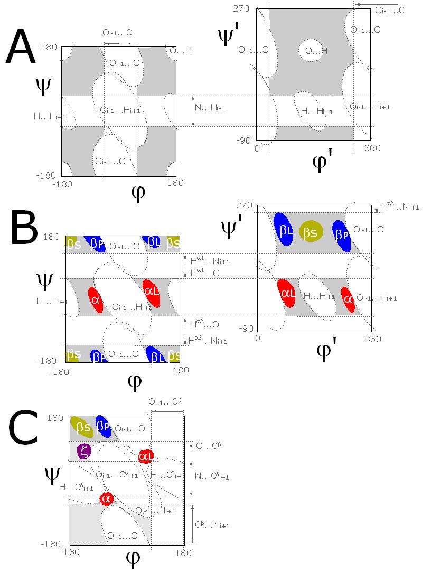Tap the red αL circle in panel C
[146, 456]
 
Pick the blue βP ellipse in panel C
[104, 426]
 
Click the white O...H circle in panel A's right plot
[313, 51]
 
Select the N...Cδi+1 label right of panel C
[212, 476]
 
